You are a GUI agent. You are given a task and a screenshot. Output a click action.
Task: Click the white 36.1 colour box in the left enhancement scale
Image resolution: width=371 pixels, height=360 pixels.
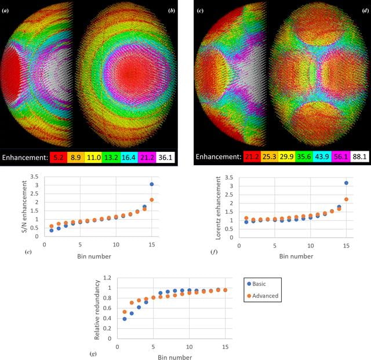pyautogui.click(x=165, y=157)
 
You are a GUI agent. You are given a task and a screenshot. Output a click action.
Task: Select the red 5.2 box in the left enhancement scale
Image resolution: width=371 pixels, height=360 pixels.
pyautogui.click(x=59, y=157)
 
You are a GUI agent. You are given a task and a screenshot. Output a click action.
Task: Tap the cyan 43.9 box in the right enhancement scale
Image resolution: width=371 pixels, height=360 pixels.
pyautogui.click(x=323, y=157)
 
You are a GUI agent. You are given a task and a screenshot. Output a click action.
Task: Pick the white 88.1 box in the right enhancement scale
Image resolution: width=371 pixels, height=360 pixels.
pyautogui.click(x=359, y=157)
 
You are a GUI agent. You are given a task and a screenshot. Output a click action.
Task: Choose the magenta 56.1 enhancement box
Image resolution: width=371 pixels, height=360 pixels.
pyautogui.click(x=341, y=157)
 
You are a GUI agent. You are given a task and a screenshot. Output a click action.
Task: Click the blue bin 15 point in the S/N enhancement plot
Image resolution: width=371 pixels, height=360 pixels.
pyautogui.click(x=152, y=184)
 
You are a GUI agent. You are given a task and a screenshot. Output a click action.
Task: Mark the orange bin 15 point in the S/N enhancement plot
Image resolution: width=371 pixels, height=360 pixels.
pyautogui.click(x=152, y=200)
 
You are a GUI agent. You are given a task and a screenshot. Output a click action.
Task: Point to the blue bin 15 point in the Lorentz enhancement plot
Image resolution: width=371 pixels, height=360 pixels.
pyautogui.click(x=346, y=183)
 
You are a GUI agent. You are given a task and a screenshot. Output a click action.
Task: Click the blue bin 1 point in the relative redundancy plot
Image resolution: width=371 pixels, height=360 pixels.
pyautogui.click(x=125, y=319)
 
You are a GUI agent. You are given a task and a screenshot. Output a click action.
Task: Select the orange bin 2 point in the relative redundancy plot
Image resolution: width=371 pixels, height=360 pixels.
pyautogui.click(x=132, y=303)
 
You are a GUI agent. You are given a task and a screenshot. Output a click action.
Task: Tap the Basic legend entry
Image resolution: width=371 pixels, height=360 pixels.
pyautogui.click(x=256, y=284)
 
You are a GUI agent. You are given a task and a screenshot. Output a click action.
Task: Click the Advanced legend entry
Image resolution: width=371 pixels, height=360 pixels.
pyautogui.click(x=263, y=296)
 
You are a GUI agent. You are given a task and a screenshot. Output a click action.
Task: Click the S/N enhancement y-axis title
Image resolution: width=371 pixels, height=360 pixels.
pyautogui.click(x=24, y=206)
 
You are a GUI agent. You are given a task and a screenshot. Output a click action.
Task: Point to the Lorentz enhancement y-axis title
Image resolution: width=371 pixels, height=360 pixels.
pyautogui.click(x=218, y=208)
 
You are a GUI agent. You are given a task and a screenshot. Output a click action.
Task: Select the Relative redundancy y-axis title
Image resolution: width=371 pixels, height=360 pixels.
pyautogui.click(x=97, y=310)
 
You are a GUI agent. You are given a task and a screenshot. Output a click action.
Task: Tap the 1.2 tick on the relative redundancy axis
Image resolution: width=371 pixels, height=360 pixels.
pyautogui.click(x=107, y=278)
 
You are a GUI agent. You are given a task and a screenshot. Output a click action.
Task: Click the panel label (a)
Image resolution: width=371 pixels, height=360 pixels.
pyautogui.click(x=5, y=10)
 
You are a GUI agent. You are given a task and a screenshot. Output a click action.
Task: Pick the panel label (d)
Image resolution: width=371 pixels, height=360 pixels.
pyautogui.click(x=365, y=10)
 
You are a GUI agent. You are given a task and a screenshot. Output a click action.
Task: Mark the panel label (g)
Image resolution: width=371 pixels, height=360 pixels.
pyautogui.click(x=93, y=354)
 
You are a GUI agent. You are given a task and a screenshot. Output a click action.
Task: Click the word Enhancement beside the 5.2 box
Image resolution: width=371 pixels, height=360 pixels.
pyautogui.click(x=26, y=158)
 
